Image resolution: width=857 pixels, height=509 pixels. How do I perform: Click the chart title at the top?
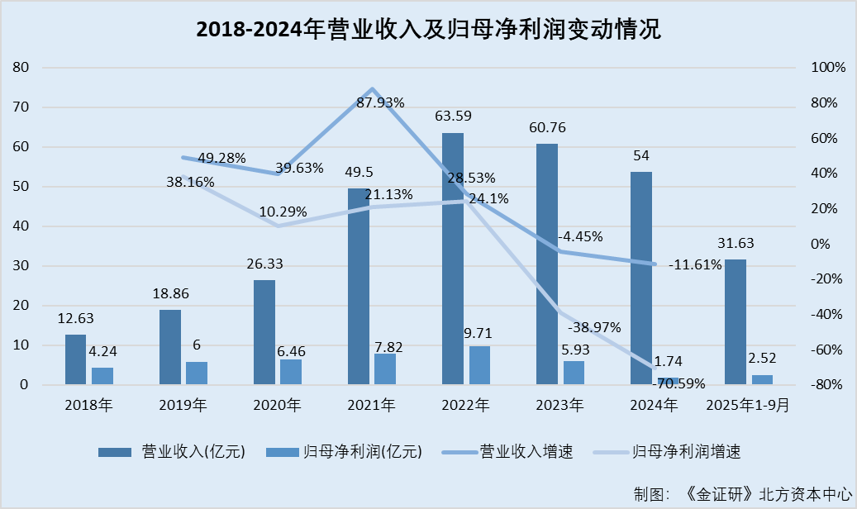(428, 30)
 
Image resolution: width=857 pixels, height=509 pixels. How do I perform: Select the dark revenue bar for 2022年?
(452, 258)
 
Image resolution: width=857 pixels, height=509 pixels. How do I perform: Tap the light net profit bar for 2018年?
(102, 376)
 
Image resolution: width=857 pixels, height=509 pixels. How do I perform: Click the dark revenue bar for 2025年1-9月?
(736, 321)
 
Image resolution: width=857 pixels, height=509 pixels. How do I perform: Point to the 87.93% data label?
(380, 102)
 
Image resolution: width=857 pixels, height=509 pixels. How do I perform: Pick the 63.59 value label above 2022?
(452, 116)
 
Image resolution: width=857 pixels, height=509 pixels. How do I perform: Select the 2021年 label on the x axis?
(371, 405)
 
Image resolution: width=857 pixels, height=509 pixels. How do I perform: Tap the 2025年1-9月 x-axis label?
(748, 405)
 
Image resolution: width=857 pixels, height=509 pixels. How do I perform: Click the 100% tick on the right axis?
(828, 68)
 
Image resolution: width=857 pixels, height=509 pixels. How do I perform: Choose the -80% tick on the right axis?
(828, 385)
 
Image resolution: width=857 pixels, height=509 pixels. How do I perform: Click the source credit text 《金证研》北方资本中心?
(768, 493)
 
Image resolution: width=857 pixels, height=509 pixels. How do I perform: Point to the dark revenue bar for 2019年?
(169, 347)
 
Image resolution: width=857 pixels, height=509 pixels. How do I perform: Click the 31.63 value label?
(736, 243)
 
